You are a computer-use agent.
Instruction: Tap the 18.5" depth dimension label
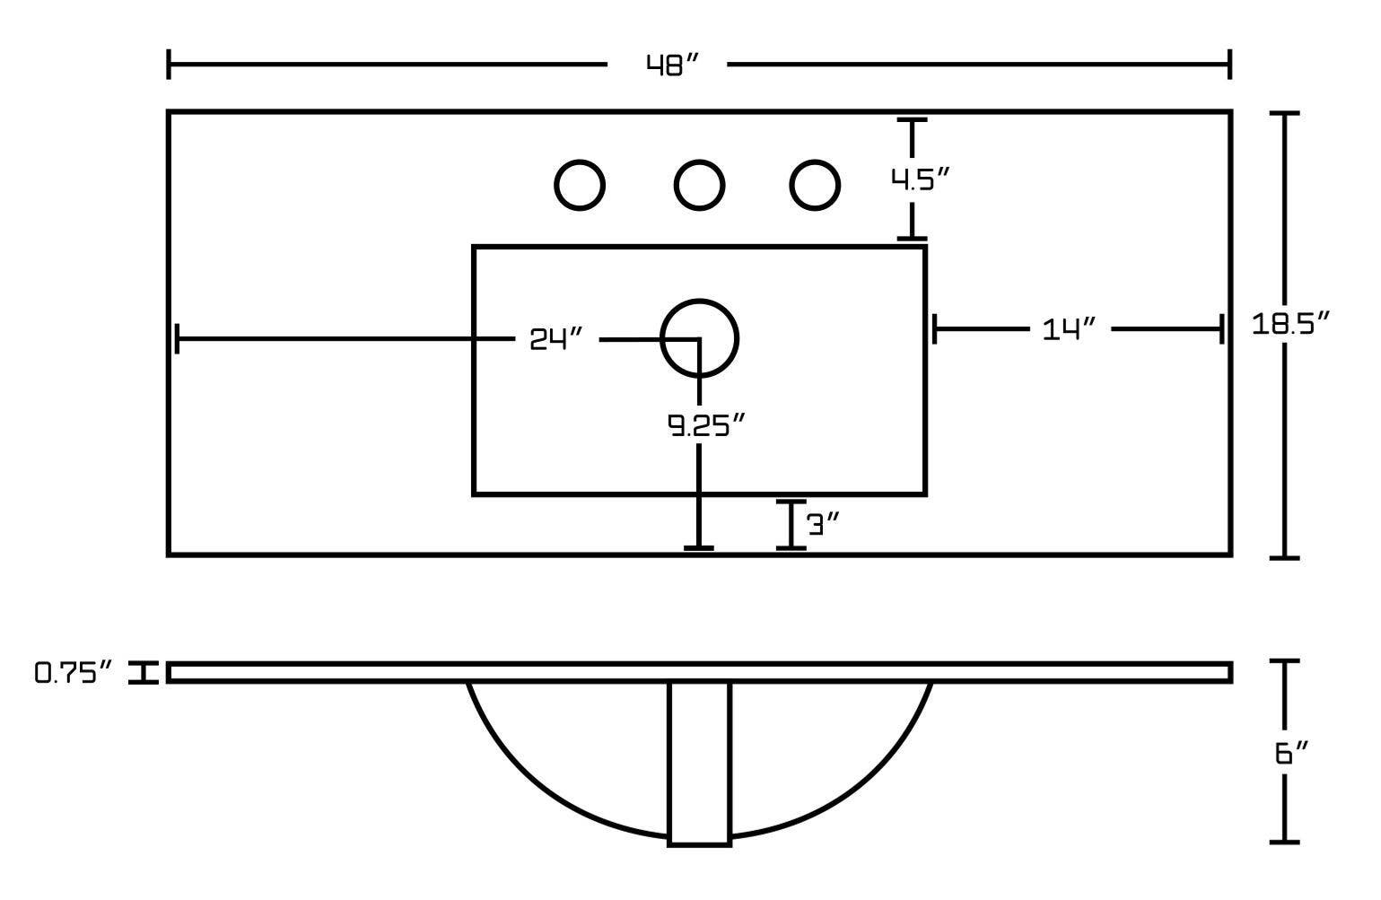point(1289,324)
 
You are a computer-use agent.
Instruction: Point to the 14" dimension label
point(1070,329)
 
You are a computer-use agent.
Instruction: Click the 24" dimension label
point(556,339)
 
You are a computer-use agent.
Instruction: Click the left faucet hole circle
point(580,186)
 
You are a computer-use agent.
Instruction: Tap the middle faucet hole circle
point(699,186)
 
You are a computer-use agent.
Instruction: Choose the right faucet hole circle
point(815,186)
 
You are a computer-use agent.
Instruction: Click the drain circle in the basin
point(699,338)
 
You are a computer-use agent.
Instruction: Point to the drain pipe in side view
point(699,763)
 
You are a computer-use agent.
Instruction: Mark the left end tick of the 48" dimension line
point(170,65)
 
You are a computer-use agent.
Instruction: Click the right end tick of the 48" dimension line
point(1228,65)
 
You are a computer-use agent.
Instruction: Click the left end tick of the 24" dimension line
point(178,339)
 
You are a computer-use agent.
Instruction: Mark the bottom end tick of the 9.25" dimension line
point(699,547)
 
